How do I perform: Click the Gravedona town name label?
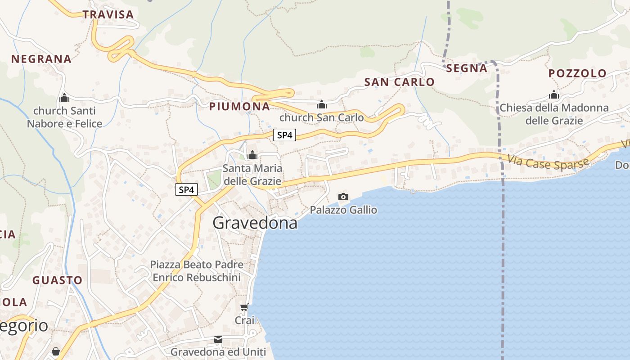tap(255, 223)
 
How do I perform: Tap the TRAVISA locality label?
tap(108, 14)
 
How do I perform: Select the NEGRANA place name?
tap(41, 59)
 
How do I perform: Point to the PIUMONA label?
tap(239, 107)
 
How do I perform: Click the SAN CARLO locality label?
tap(399, 82)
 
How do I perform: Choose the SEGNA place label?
tap(467, 68)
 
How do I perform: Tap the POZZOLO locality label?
tap(577, 73)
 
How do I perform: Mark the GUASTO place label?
tap(58, 280)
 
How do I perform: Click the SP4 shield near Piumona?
tap(285, 135)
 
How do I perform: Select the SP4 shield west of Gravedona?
tap(186, 190)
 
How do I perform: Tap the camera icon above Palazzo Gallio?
tap(343, 197)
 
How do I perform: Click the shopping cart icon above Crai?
tap(244, 307)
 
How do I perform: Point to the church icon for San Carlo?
tap(322, 105)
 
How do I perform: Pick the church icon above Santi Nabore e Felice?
tap(64, 98)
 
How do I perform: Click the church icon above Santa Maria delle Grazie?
tap(252, 155)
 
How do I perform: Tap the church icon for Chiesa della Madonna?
tap(554, 95)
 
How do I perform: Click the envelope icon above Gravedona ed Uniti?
tap(218, 339)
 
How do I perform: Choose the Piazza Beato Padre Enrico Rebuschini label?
tap(197, 271)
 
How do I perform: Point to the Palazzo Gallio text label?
tap(343, 210)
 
